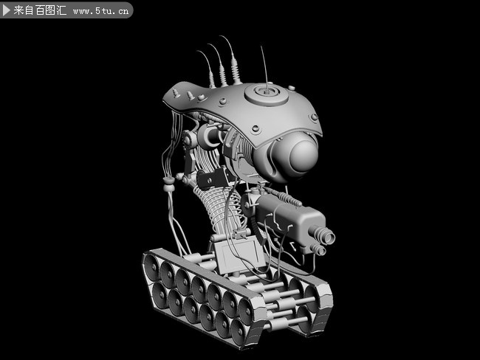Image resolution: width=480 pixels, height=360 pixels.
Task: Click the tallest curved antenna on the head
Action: (232, 59)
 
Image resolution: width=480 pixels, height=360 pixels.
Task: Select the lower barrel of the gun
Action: (318, 250)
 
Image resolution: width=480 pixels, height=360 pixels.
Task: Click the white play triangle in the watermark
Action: (7, 10)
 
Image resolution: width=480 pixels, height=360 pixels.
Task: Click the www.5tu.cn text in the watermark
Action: (101, 11)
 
